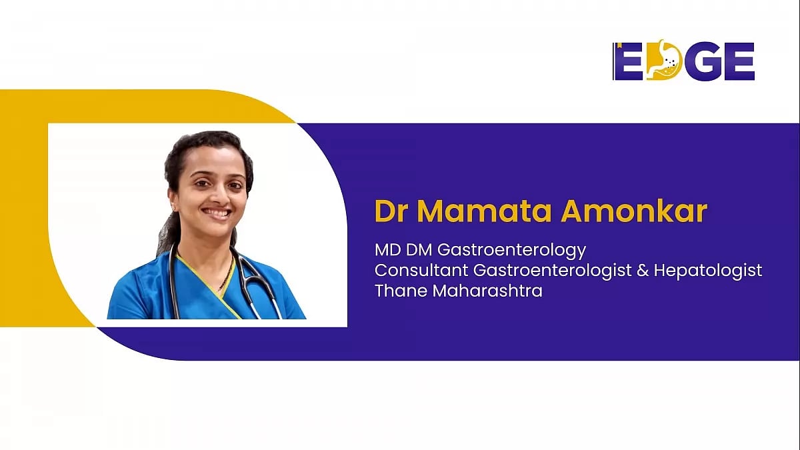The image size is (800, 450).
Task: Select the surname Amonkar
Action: click(634, 211)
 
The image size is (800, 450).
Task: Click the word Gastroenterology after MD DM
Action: click(511, 251)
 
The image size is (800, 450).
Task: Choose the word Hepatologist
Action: click(708, 271)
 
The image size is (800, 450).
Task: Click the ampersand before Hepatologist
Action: click(643, 271)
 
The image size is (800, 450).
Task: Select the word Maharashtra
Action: click(487, 291)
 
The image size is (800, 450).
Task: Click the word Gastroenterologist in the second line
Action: click(553, 271)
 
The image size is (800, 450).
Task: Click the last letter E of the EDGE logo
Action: click(741, 61)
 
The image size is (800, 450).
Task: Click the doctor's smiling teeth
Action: click(217, 213)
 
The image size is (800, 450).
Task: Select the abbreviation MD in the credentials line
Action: click(387, 250)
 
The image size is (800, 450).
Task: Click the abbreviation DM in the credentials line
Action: click(419, 250)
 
